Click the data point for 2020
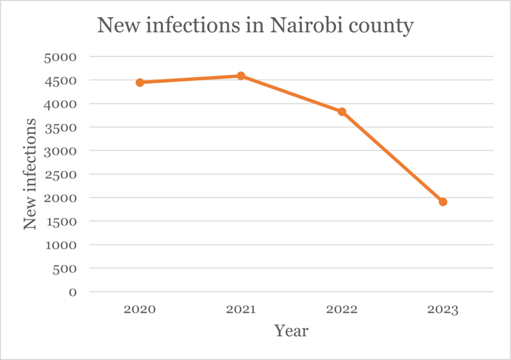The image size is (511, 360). click(x=140, y=82)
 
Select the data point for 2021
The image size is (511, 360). click(x=241, y=76)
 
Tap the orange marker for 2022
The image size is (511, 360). click(x=342, y=112)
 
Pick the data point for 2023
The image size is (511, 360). click(x=443, y=202)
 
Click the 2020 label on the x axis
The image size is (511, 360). click(x=140, y=310)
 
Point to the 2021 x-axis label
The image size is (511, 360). click(x=241, y=310)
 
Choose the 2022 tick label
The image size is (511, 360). click(x=342, y=310)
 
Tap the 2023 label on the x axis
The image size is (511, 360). click(x=443, y=310)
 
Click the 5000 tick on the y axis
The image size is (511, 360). click(x=60, y=57)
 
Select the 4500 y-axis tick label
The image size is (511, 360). click(x=60, y=80)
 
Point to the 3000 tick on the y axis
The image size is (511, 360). click(x=60, y=151)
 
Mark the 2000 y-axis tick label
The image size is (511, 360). click(x=60, y=198)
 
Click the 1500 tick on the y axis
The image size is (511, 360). click(x=60, y=221)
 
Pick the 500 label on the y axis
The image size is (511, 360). click(x=65, y=268)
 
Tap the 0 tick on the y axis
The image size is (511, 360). click(x=73, y=292)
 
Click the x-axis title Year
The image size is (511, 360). click(x=291, y=330)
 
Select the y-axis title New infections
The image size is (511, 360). click(x=30, y=175)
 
